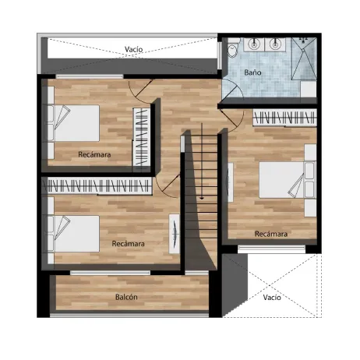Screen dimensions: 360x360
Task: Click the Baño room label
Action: click(x=252, y=72)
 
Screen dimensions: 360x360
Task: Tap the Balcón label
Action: click(x=126, y=297)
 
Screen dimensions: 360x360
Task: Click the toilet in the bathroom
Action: click(x=233, y=48)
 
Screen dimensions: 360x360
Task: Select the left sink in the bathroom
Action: click(x=254, y=44)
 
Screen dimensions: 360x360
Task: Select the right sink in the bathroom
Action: click(x=274, y=44)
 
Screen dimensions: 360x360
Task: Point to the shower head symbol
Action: click(x=303, y=40)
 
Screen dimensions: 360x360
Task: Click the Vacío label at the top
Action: click(x=133, y=49)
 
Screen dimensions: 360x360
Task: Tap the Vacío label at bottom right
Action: click(x=272, y=297)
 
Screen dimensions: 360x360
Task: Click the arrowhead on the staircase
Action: click(x=202, y=198)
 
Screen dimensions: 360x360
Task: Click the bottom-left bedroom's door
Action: click(x=170, y=185)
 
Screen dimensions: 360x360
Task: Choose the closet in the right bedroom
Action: click(x=284, y=118)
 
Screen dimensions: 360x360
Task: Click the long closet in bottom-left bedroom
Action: click(x=97, y=185)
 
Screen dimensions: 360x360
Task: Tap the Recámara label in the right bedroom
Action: click(x=271, y=234)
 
